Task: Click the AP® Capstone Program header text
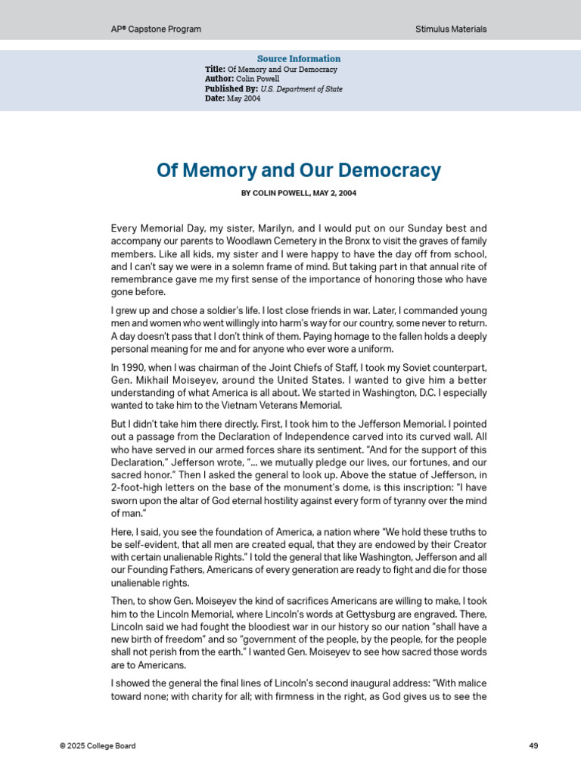click(x=156, y=30)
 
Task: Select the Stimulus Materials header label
click(x=451, y=30)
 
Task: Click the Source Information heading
click(x=299, y=59)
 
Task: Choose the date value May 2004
click(x=244, y=99)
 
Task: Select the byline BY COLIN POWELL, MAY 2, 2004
click(x=299, y=194)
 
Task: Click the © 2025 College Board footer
click(x=98, y=746)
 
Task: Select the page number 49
click(x=533, y=746)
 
